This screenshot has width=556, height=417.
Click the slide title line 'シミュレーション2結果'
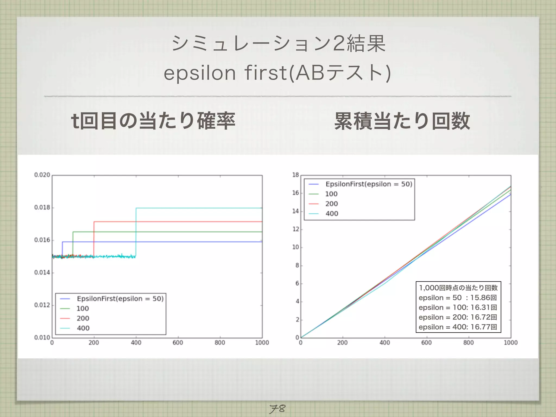(x=279, y=43)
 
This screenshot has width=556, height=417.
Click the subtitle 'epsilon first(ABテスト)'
(x=277, y=73)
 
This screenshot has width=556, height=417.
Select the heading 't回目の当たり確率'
(x=153, y=121)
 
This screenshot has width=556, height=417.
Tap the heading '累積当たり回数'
(x=402, y=121)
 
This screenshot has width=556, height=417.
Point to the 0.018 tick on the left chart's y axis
(x=42, y=208)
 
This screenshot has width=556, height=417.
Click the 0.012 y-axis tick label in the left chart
(x=42, y=305)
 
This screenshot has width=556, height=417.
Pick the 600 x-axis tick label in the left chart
(x=178, y=343)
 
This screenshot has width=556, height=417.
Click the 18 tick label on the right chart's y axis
(x=295, y=175)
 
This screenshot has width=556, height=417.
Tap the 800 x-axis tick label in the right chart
(x=468, y=343)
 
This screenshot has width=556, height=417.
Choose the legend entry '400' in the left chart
(x=83, y=328)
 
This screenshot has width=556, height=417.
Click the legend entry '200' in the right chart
(x=331, y=204)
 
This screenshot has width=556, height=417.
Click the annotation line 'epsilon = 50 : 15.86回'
(x=458, y=298)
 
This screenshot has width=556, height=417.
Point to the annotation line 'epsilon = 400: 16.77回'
(x=458, y=327)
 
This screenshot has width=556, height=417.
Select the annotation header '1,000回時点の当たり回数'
(x=458, y=288)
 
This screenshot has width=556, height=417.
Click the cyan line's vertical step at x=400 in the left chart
(x=136, y=231)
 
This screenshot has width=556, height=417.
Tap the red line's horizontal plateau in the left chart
(x=176, y=222)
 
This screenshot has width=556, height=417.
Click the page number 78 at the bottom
(x=277, y=408)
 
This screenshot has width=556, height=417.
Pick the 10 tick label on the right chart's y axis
(x=295, y=247)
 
